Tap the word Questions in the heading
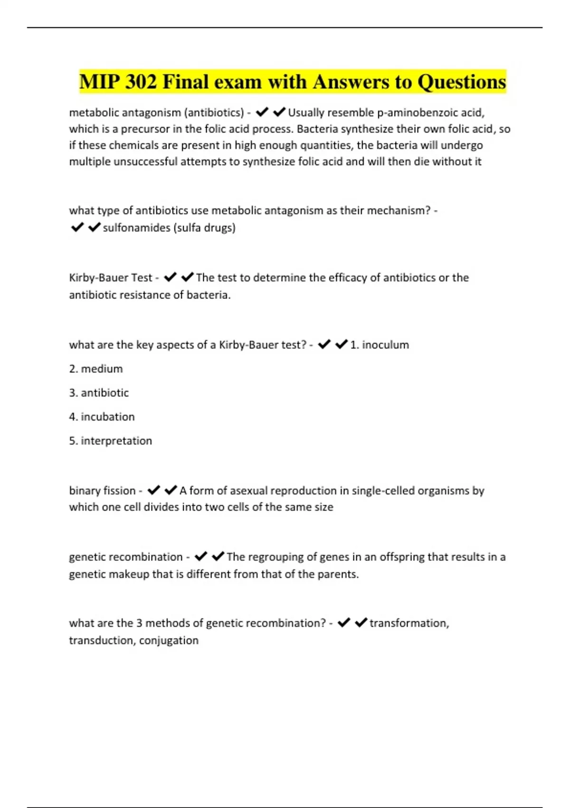[462, 82]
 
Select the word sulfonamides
[136, 228]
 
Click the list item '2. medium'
[96, 369]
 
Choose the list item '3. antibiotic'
[99, 393]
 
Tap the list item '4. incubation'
[102, 417]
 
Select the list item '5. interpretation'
[111, 441]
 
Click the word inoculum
[385, 345]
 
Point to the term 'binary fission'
[102, 491]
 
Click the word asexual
[233, 491]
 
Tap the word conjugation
[169, 640]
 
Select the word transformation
[408, 623]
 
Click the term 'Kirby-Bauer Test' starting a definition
[111, 278]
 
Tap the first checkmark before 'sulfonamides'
[77, 228]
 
